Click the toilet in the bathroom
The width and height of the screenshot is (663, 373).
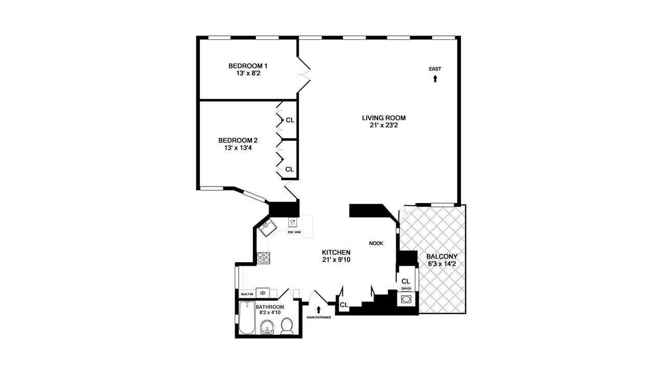click(x=286, y=326)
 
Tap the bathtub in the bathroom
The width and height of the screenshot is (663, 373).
click(x=247, y=318)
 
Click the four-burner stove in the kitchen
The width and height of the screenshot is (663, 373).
click(x=263, y=258)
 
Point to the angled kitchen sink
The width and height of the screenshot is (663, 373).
click(x=268, y=228)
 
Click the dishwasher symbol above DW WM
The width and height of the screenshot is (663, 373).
click(x=293, y=223)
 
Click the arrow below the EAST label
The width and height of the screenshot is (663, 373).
click(x=435, y=79)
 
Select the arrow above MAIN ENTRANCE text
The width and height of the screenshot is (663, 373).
click(x=319, y=310)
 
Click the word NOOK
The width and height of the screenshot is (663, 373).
click(x=376, y=243)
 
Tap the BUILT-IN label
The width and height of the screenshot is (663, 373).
click(x=247, y=294)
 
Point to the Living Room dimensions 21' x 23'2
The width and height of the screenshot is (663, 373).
click(x=384, y=125)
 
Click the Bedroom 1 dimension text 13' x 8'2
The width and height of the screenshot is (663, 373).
click(x=248, y=73)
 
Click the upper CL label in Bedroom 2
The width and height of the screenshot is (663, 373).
click(x=290, y=120)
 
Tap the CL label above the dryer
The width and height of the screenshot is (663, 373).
click(x=406, y=281)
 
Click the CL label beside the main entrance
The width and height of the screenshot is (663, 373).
click(x=344, y=305)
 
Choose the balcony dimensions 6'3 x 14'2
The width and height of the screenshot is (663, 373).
click(x=442, y=264)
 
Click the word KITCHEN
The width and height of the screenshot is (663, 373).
click(x=336, y=252)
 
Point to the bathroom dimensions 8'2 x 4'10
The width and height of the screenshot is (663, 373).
click(x=268, y=312)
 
